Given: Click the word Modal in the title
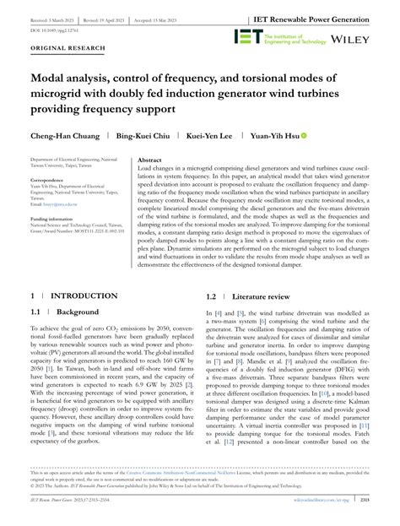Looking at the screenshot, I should pos(52,82).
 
